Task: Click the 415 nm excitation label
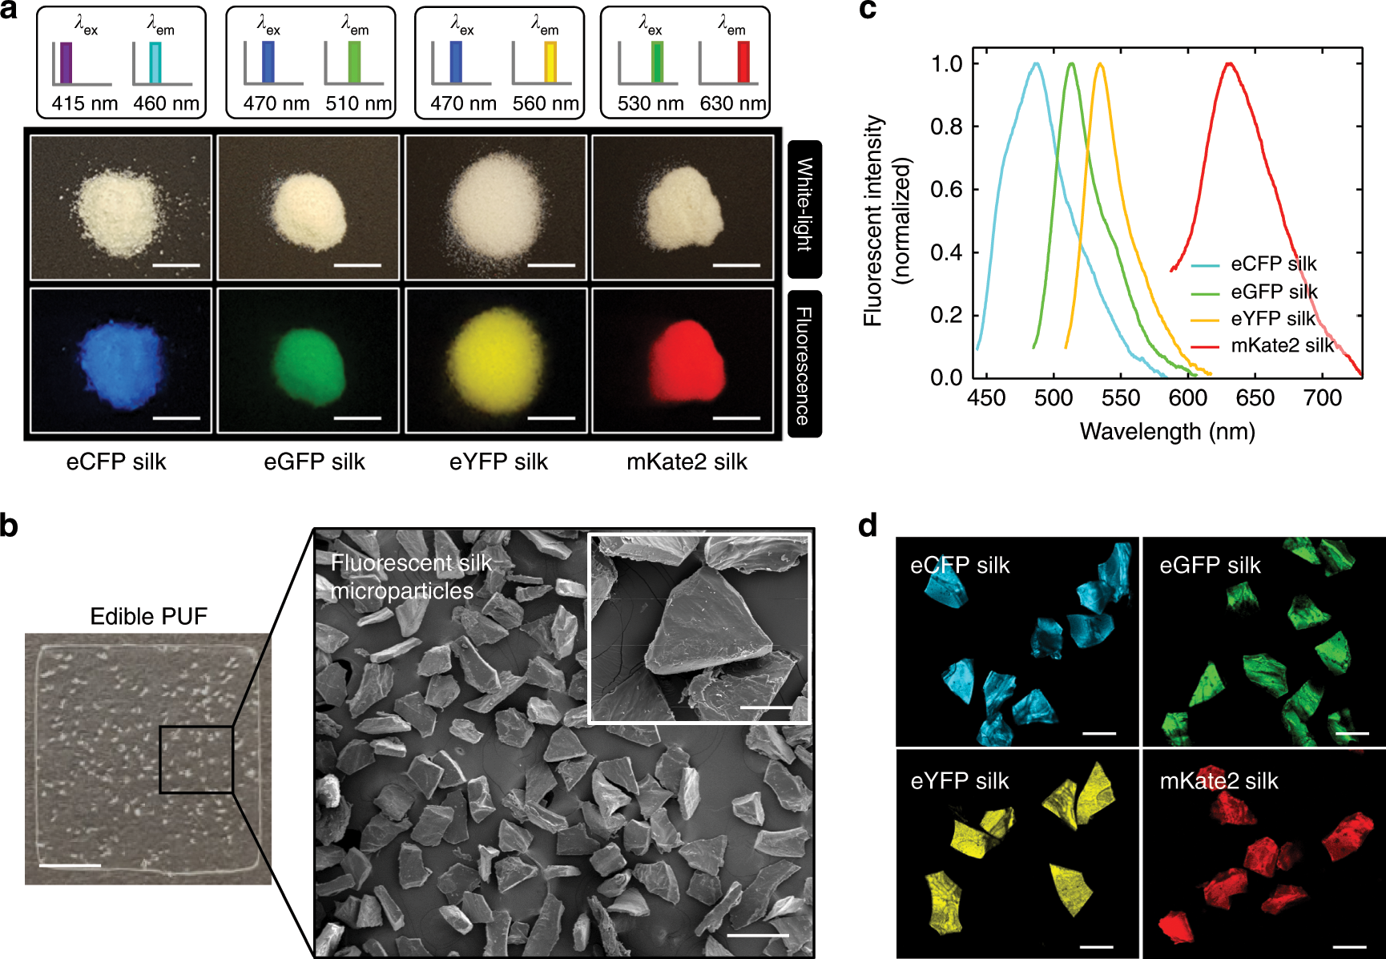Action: click(84, 103)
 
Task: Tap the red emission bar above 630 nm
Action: click(743, 62)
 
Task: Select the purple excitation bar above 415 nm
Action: click(66, 62)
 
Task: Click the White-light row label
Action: click(804, 206)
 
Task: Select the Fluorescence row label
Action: click(804, 365)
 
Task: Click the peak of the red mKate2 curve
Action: click(1229, 64)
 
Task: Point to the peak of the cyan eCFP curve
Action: click(1037, 64)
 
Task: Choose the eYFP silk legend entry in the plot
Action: click(1272, 319)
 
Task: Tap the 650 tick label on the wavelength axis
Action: click(1255, 398)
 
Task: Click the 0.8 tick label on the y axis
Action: click(946, 127)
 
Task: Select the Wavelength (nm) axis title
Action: click(1167, 432)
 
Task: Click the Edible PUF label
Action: click(148, 616)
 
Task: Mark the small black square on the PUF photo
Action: click(196, 760)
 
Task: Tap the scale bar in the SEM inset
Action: click(766, 707)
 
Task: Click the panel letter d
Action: click(868, 526)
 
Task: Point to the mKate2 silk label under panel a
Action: click(687, 461)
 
